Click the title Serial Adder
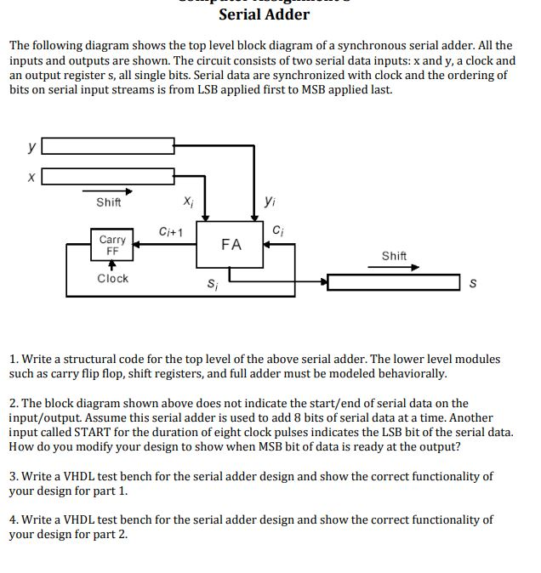tap(264, 14)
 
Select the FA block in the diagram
tap(231, 245)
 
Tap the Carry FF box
tap(112, 246)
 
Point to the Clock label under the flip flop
tap(112, 278)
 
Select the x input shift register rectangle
tap(109, 177)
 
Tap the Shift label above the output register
tap(394, 256)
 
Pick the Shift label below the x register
tap(109, 202)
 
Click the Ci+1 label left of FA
tap(171, 232)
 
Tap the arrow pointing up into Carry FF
tap(112, 264)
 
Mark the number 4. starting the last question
tap(14, 519)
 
